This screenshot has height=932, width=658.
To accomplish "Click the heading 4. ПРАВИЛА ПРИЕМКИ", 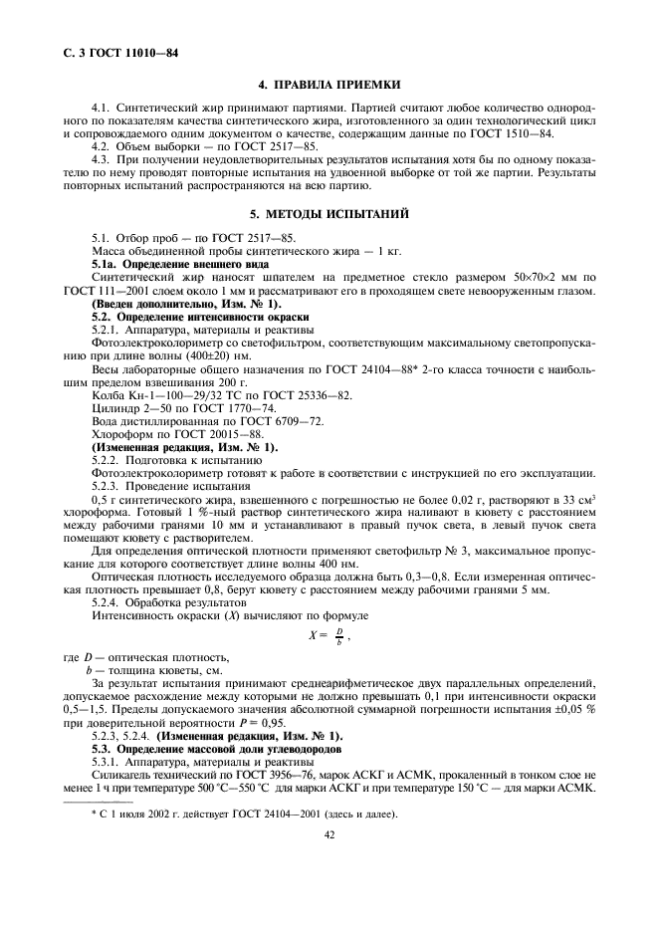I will tap(329, 85).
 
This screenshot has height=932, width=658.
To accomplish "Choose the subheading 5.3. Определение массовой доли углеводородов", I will tap(216, 747).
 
